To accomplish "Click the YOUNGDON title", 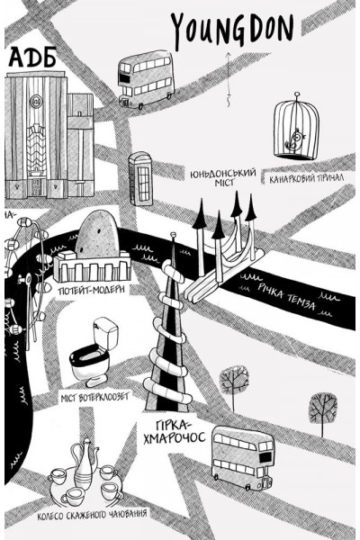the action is coord(233,30).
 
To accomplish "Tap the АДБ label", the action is coord(32,58).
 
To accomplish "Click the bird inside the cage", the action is coord(296,139).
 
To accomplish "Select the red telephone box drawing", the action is coord(140,179).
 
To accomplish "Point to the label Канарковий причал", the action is coord(306,178).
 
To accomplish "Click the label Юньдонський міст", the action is coord(223,177).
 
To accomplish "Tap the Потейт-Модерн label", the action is coord(92,290).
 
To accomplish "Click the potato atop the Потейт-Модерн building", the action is coord(97,234).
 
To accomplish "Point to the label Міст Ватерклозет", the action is coord(94,398).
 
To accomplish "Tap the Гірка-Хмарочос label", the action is coord(174,432).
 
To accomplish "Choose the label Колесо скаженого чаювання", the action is coord(92,515).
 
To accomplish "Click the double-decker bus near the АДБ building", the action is coord(146,79).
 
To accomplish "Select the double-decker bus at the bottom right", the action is coord(243,457).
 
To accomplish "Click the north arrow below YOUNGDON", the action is coord(228,79).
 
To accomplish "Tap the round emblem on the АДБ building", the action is coord(35,101).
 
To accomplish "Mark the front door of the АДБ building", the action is coord(35,187).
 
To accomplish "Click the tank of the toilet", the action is coord(106,332).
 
